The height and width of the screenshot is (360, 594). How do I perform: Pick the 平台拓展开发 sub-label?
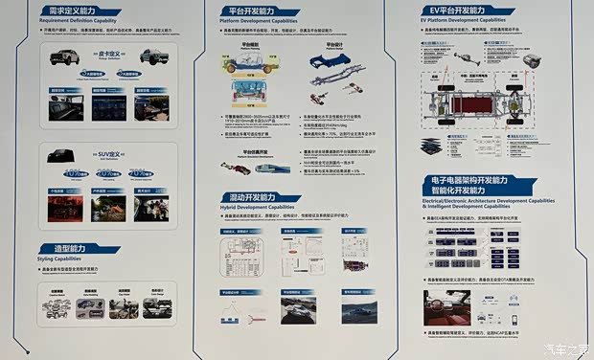pos(254,151)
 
